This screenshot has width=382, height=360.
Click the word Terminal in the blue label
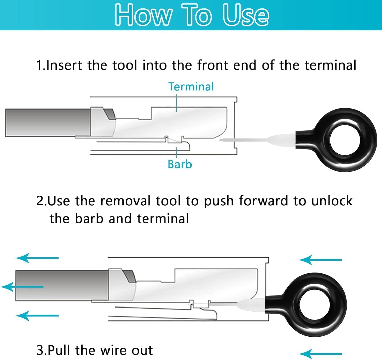pos(191,87)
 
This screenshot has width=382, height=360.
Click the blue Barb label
pos(180,164)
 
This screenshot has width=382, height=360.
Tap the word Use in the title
pos(246,15)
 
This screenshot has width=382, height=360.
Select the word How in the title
pos(143,15)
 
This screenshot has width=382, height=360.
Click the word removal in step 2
pos(125,201)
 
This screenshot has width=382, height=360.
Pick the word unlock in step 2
pos(332,201)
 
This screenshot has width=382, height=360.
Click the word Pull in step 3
pos(59,350)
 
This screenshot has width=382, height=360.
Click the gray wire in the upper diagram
pos(48,123)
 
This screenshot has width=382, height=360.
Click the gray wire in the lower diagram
pos(62,286)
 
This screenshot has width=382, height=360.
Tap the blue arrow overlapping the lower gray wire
pos(22,287)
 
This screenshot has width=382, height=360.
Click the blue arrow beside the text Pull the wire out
pos(320,354)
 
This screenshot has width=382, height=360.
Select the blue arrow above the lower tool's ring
pos(320,260)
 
